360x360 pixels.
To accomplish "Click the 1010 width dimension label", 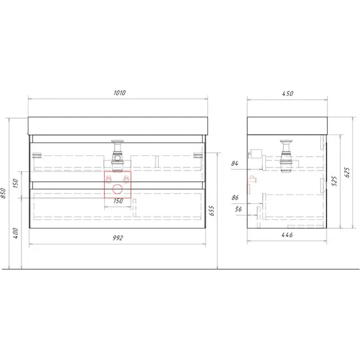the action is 119,93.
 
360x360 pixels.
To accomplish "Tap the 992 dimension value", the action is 117,238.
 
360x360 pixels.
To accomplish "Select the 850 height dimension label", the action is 3,193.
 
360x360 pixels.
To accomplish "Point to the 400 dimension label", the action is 15,233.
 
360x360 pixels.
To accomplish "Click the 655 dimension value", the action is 212,211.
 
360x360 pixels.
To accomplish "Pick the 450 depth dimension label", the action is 287,93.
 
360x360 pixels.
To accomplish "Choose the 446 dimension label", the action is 287,235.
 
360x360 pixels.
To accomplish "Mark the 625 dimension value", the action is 347,172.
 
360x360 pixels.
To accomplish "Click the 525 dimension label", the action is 335,181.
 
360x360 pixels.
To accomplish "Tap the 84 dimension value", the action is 235,164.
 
